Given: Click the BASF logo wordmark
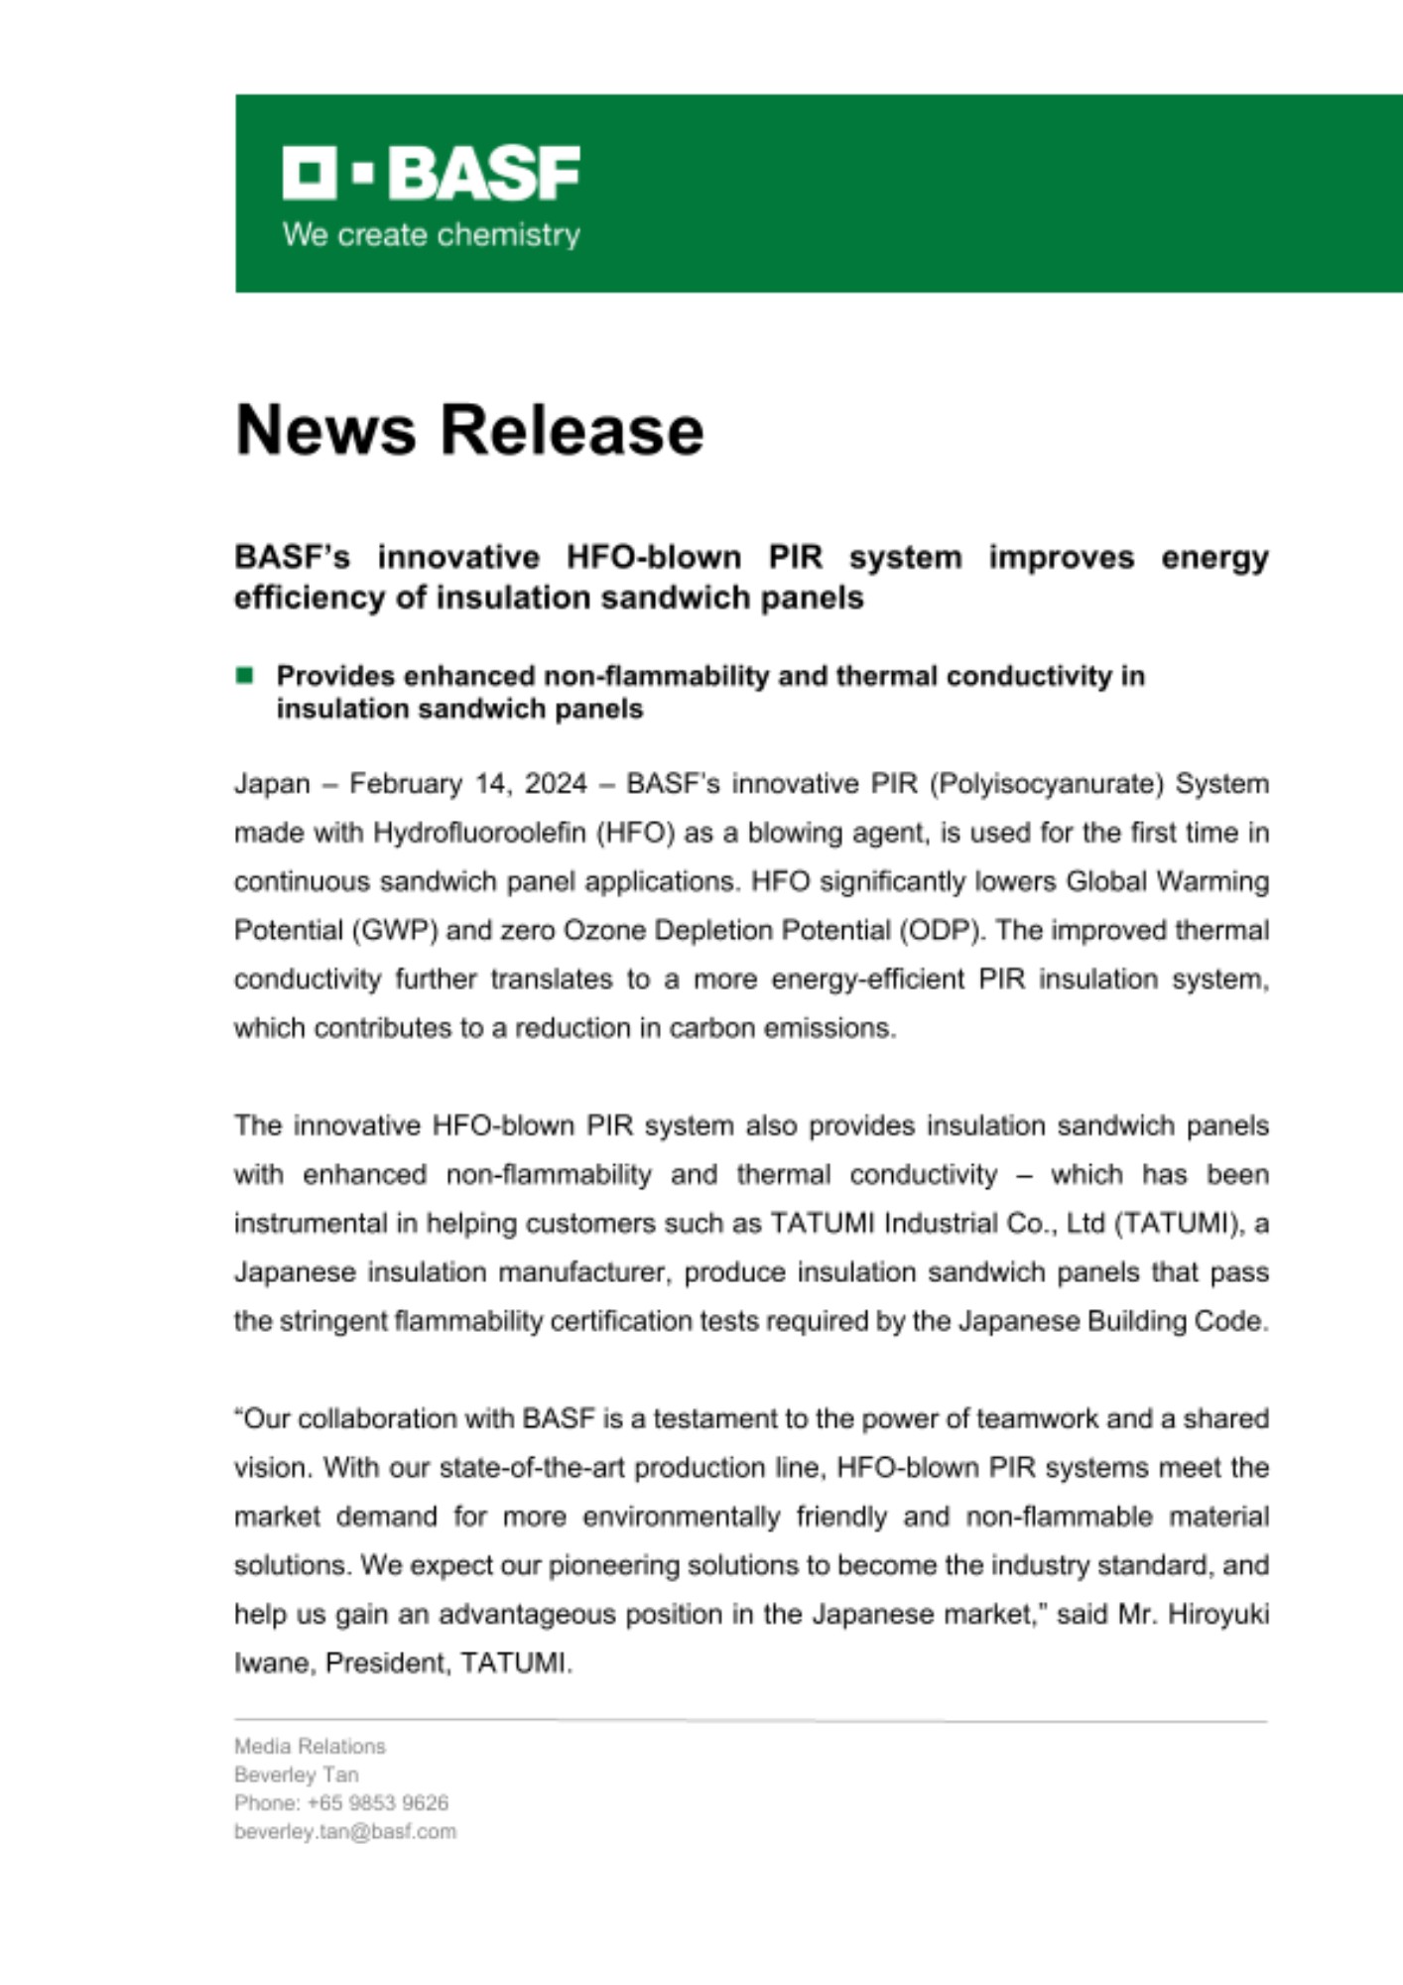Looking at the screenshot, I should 431,174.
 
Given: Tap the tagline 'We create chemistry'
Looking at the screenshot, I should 431,235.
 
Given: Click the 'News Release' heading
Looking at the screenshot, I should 468,430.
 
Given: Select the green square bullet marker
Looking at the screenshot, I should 244,676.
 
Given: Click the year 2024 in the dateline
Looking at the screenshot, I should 556,784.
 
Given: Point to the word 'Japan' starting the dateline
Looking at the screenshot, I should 272,784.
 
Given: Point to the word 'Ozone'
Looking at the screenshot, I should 604,931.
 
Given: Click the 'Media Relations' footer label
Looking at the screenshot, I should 310,1746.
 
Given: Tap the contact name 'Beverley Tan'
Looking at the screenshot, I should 296,1775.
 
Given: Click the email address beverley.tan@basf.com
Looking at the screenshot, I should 344,1831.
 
